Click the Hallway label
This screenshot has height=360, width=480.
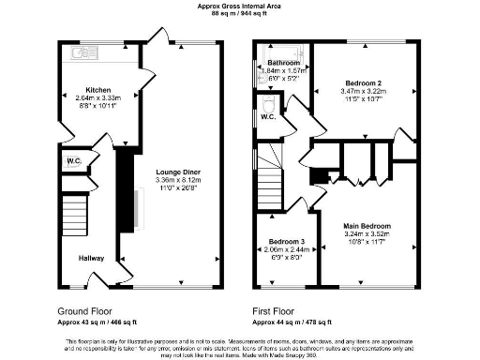(x=91, y=258)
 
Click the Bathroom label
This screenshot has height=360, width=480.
(x=271, y=64)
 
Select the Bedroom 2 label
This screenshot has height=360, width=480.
(x=361, y=82)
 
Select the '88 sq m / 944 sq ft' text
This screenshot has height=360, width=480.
(x=239, y=13)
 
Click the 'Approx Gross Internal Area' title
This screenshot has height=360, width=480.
(x=239, y=5)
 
